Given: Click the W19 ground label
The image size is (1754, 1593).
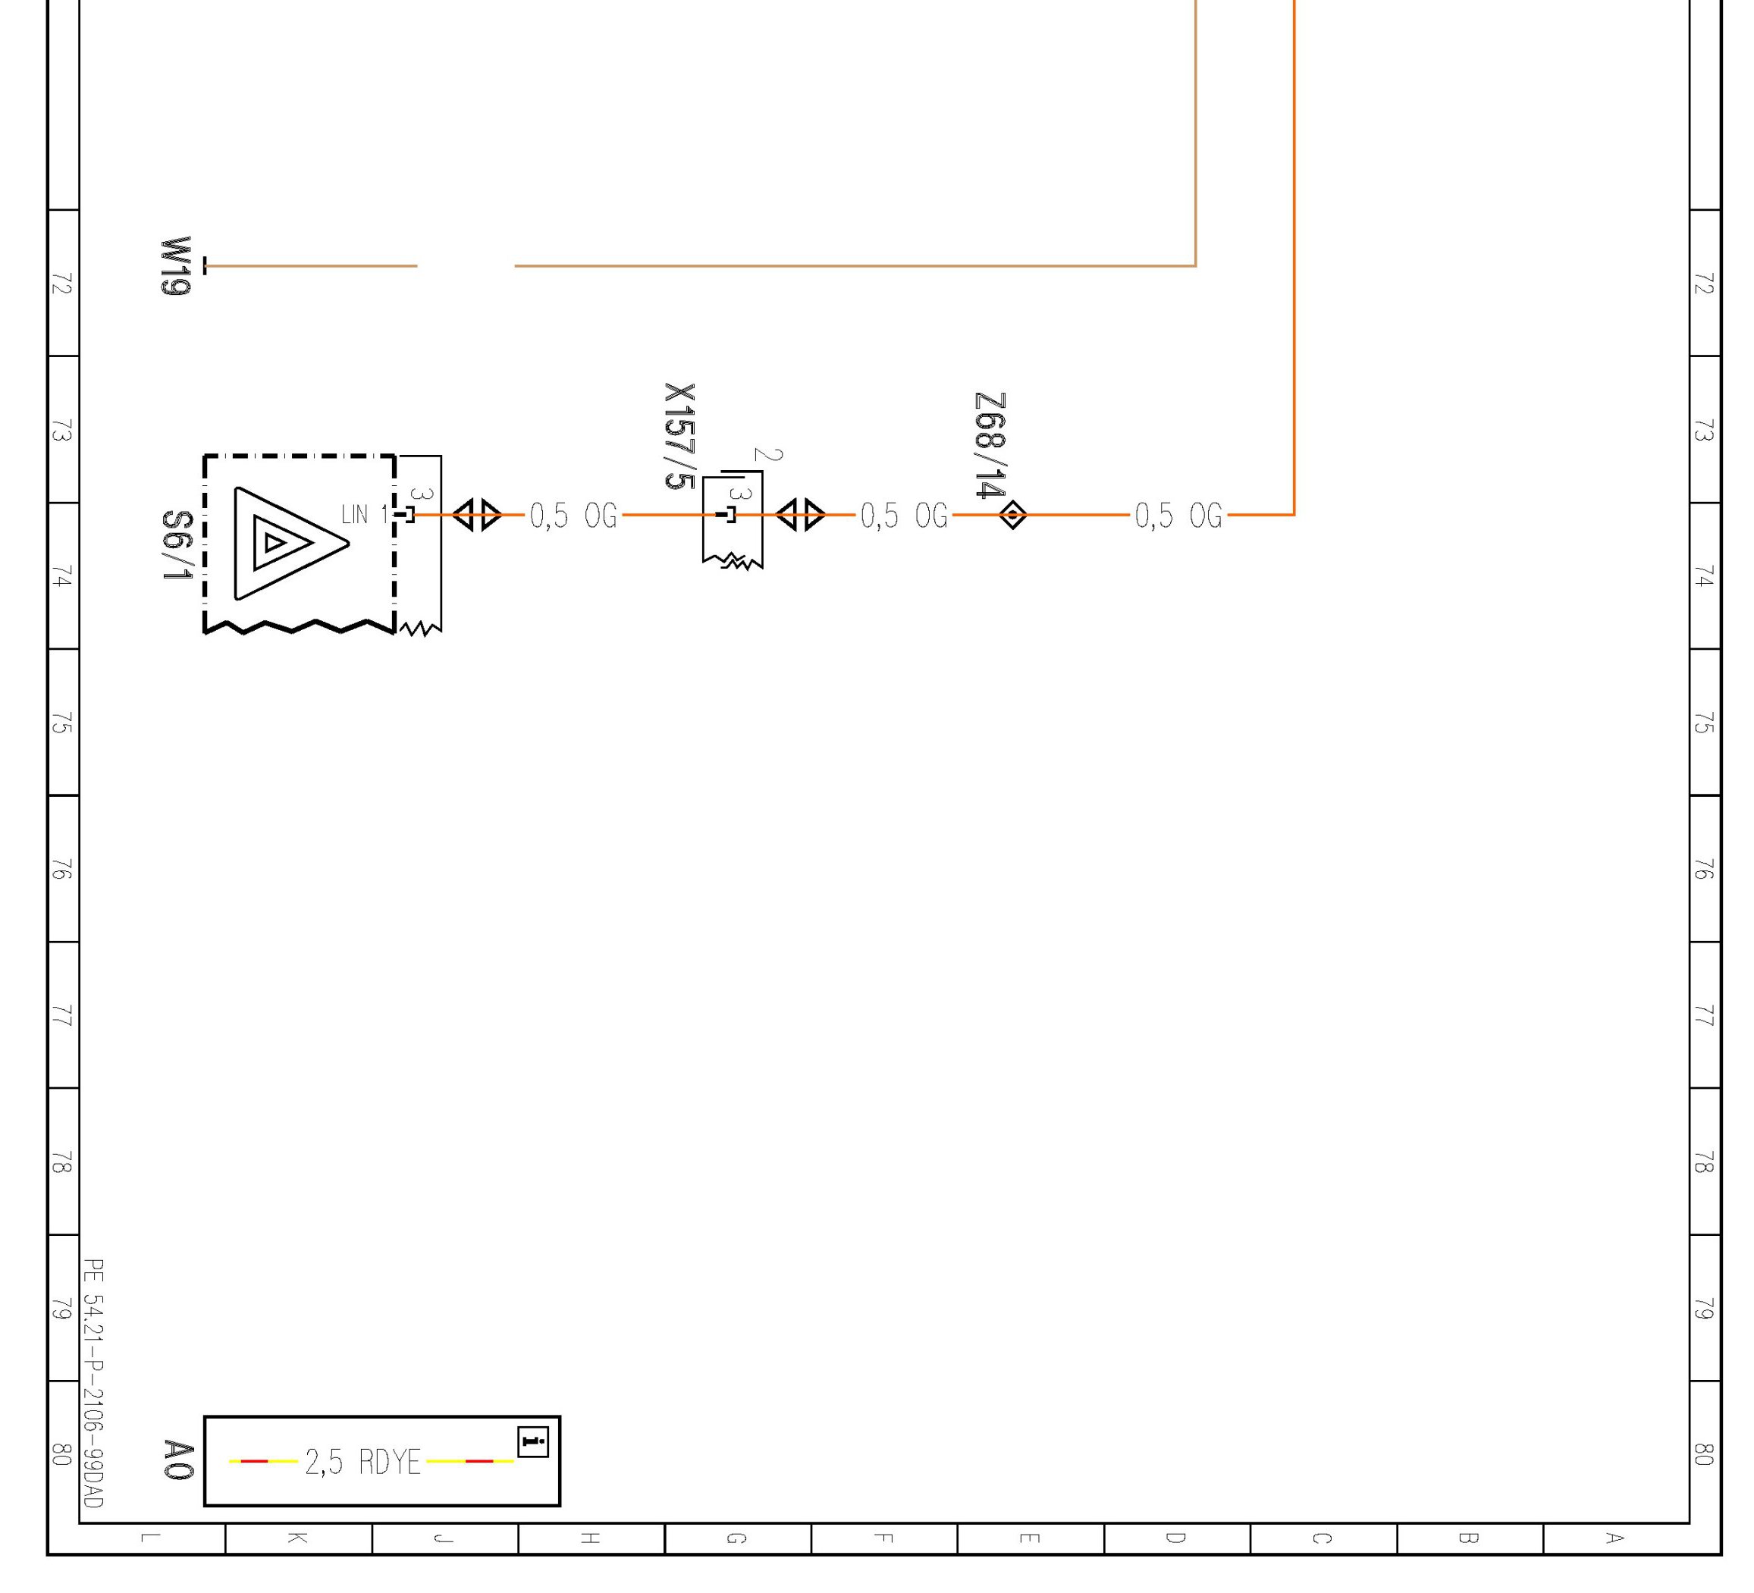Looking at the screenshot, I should [175, 265].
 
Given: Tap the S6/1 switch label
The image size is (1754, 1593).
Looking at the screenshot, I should [177, 545].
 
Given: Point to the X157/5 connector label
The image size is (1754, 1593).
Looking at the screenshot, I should [679, 436].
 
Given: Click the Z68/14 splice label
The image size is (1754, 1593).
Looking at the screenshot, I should [990, 445].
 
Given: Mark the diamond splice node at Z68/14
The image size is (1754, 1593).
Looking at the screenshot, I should [1012, 515].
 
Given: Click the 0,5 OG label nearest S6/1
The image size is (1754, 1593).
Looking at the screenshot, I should [573, 516].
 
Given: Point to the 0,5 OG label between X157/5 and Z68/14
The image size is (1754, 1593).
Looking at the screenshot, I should [903, 516].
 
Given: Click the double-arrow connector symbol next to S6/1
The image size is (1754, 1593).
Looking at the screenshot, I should [478, 515].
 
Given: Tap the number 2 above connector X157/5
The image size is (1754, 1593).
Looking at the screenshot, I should [767, 455].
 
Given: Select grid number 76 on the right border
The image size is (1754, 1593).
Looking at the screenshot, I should [1703, 868].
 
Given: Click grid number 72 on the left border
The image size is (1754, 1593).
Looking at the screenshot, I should [61, 284].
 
